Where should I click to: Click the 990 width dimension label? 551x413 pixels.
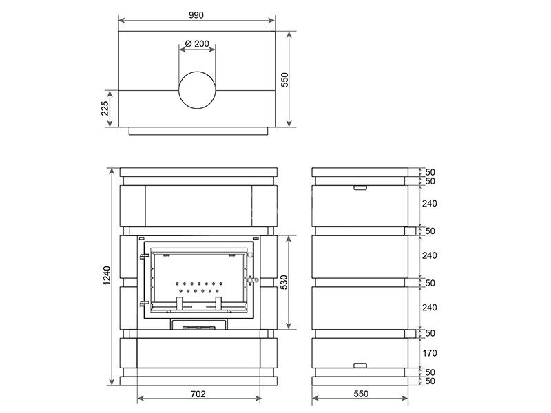[196, 15]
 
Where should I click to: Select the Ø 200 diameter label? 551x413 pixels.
[197, 43]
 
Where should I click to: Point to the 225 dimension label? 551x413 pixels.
[105, 109]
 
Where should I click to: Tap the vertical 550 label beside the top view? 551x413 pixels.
[284, 80]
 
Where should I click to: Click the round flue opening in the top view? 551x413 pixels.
[197, 90]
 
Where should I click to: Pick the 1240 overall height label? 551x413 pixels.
[107, 276]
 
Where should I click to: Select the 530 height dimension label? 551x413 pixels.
[284, 282]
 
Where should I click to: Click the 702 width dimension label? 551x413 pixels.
[198, 394]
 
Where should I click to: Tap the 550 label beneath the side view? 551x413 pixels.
[361, 394]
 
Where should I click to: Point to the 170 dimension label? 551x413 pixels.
[429, 353]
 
